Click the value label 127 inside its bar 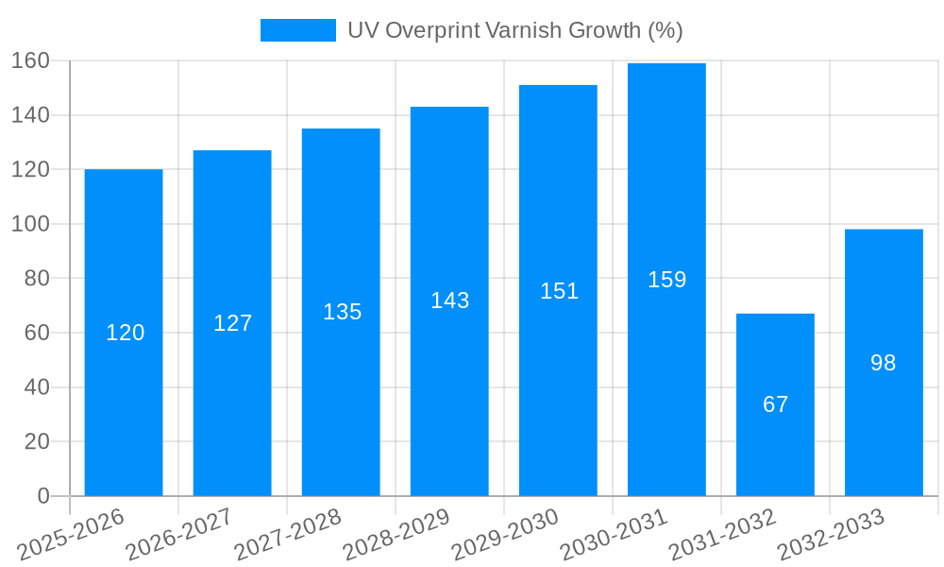[232, 323]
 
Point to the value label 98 [884, 363]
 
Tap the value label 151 [559, 291]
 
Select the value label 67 [775, 404]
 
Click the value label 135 [342, 312]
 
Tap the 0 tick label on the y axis [43, 496]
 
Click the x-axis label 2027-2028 [288, 534]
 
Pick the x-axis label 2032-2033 [831, 534]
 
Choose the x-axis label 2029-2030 [505, 534]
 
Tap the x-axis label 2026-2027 [179, 534]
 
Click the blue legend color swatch [297, 30]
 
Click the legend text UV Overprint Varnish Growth [514, 30]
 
